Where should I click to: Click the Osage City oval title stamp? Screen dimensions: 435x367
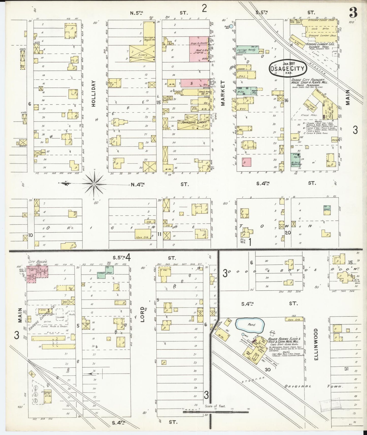pos(288,68)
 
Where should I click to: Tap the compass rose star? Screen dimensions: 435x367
pos(94,183)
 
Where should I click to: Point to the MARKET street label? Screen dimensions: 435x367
pos(223,93)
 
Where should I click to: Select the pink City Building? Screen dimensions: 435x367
pos(37,273)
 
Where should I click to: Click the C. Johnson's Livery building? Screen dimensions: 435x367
pos(194,122)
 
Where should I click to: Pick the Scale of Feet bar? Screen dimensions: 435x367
pos(216,412)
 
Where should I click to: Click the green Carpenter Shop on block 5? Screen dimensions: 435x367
pos(105,273)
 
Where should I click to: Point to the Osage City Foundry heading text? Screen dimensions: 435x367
pos(309,81)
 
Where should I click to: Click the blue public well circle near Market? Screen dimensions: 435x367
pos(231,26)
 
